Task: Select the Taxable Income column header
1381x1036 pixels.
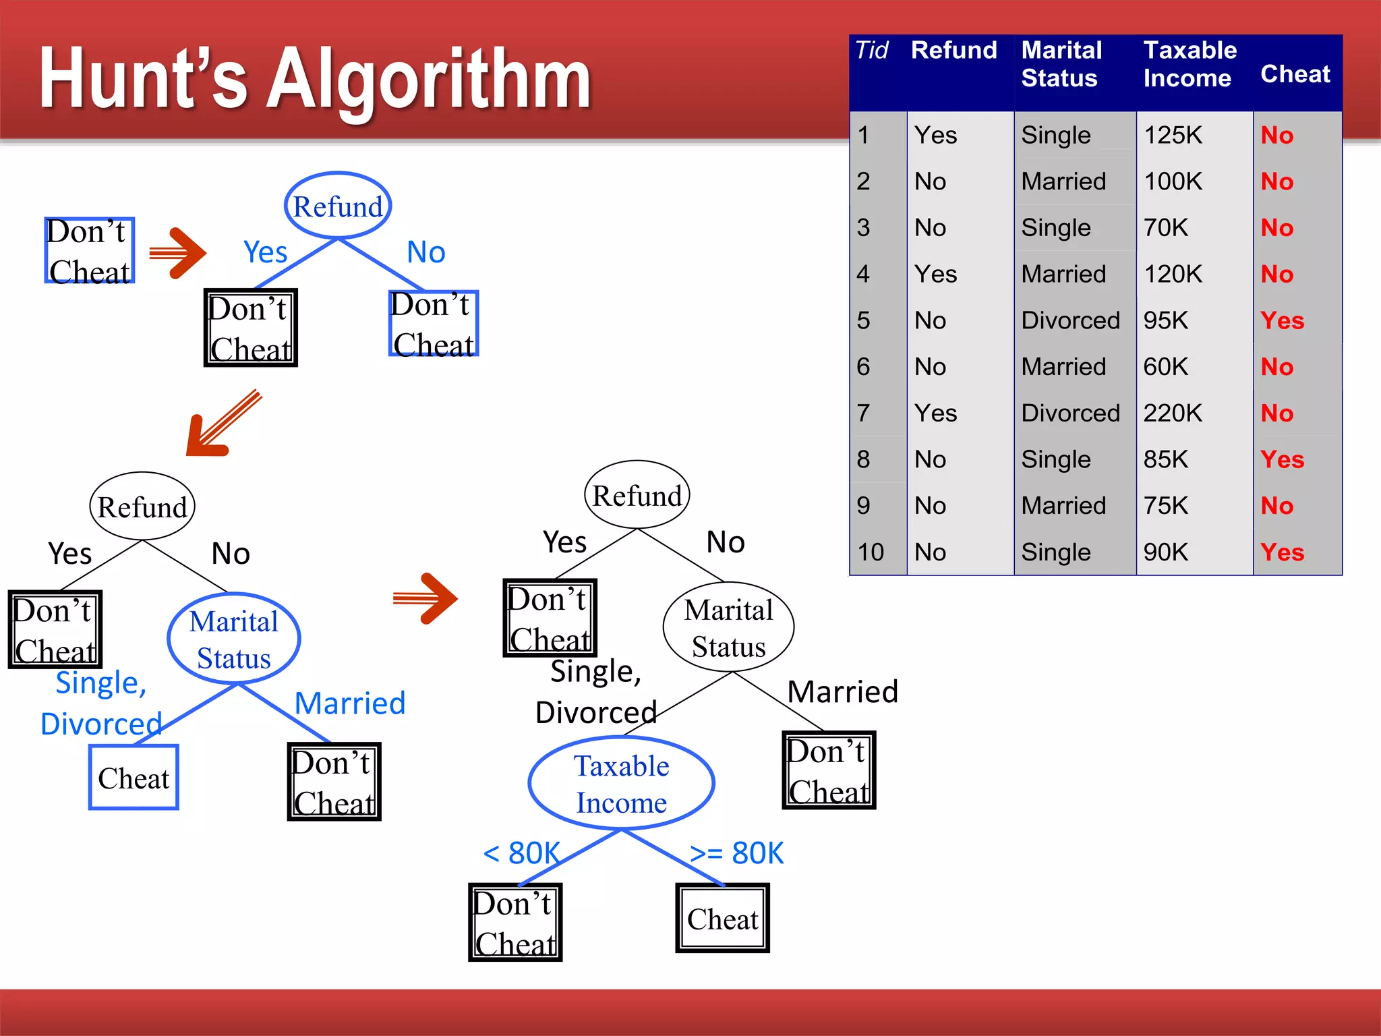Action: click(1190, 64)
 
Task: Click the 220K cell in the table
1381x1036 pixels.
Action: click(1173, 413)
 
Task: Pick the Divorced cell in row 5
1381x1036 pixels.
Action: click(1070, 320)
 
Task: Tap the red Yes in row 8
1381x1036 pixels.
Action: click(1282, 459)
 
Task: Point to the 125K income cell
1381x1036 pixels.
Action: click(1173, 135)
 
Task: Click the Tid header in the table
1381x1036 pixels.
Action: click(871, 51)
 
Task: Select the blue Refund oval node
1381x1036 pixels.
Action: click(338, 206)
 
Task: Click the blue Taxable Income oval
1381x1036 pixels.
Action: click(621, 784)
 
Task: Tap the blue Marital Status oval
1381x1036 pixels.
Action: click(233, 639)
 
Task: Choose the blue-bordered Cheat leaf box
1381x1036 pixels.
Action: click(134, 778)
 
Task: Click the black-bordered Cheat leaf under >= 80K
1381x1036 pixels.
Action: click(722, 919)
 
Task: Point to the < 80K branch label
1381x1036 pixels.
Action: click(521, 853)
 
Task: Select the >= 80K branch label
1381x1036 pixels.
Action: click(736, 853)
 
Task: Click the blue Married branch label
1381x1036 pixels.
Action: click(350, 703)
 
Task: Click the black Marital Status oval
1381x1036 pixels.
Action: click(728, 627)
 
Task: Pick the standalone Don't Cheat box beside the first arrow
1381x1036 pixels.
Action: click(89, 251)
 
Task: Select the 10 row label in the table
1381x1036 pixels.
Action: click(871, 552)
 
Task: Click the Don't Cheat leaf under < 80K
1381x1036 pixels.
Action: click(515, 923)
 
